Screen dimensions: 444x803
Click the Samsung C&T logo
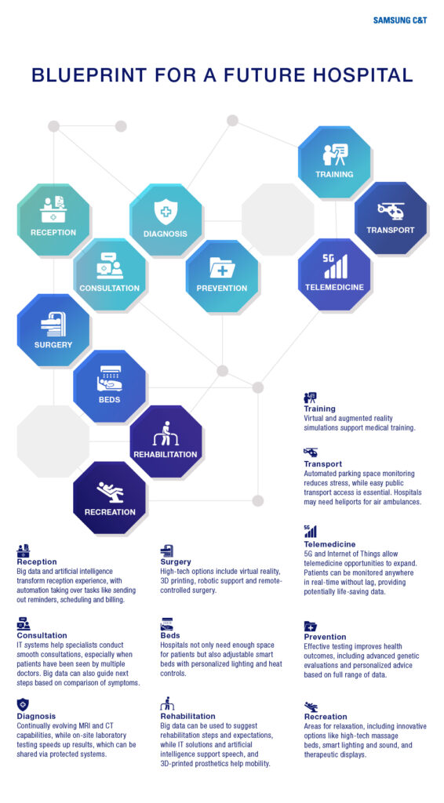(x=399, y=20)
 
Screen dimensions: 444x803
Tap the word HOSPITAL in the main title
(x=362, y=74)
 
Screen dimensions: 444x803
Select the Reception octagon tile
(x=53, y=220)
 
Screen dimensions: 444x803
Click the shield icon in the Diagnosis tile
(x=165, y=212)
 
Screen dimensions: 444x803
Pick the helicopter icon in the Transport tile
(x=390, y=210)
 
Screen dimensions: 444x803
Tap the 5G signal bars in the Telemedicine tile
(x=335, y=267)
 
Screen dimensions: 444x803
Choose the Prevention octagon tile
(x=222, y=275)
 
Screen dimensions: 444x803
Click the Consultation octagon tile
(x=110, y=275)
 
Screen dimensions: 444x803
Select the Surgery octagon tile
(x=53, y=330)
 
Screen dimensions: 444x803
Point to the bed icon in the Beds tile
(x=109, y=379)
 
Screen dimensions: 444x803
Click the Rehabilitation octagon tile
(x=166, y=441)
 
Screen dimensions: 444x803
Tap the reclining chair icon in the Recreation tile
(x=110, y=492)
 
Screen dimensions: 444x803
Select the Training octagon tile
(x=334, y=162)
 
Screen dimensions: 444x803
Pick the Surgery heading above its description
(x=176, y=561)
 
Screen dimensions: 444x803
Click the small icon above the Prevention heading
(x=311, y=627)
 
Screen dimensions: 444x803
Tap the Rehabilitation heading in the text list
(x=188, y=716)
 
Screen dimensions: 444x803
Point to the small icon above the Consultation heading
(x=23, y=623)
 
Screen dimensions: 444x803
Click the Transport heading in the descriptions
(x=322, y=464)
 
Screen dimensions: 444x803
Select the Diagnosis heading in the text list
(x=36, y=716)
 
